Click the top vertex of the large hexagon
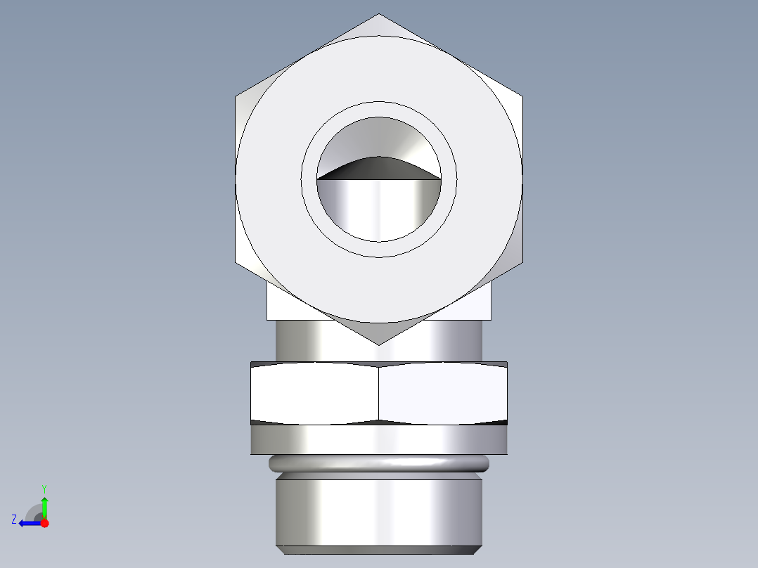tap(379, 14)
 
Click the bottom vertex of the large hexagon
tap(379, 344)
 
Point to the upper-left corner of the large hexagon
tap(235, 96)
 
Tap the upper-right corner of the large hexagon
tap(522, 96)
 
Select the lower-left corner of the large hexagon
tap(235, 262)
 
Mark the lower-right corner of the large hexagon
tap(522, 262)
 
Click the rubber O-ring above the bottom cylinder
tap(379, 463)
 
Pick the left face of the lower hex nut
tap(315, 394)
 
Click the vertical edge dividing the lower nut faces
tap(379, 394)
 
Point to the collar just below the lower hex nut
tap(379, 439)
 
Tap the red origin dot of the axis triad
tap(44, 523)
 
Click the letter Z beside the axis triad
tap(14, 519)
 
